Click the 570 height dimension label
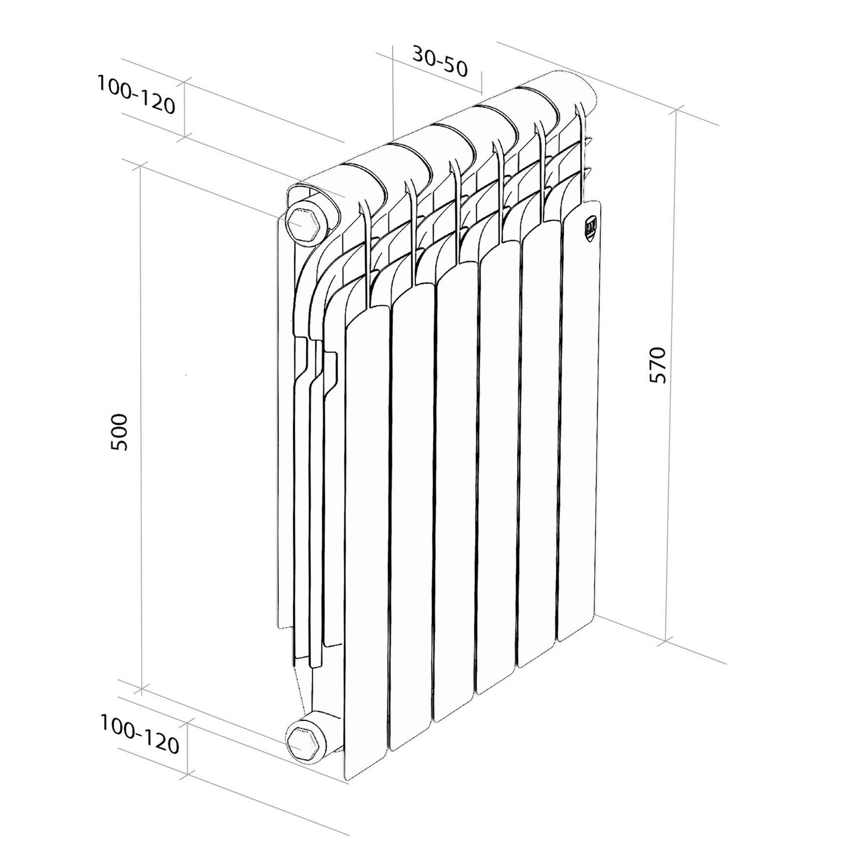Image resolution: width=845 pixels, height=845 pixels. pyautogui.click(x=657, y=365)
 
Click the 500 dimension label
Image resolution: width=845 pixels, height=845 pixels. pyautogui.click(x=119, y=432)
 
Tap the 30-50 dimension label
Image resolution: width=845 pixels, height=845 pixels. pyautogui.click(x=440, y=62)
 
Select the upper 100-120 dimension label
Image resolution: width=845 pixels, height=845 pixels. pyautogui.click(x=136, y=94)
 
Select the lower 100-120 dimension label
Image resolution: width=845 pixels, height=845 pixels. pyautogui.click(x=139, y=734)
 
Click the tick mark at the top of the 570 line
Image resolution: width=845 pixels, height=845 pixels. pyautogui.click(x=677, y=111)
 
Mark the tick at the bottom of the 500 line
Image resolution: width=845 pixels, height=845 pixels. pyautogui.click(x=141, y=691)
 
